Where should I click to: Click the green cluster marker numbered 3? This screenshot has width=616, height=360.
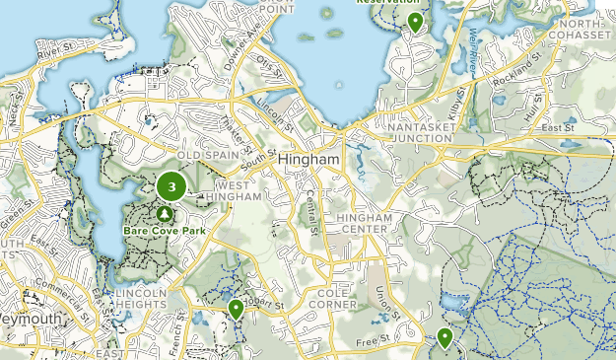(172, 186)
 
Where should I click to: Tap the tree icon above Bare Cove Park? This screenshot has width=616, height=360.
(165, 213)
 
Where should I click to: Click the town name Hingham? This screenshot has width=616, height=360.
(309, 160)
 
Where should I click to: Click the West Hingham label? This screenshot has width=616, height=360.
(239, 191)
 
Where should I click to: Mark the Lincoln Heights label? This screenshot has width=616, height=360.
(139, 300)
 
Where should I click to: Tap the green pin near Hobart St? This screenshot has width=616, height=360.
(236, 311)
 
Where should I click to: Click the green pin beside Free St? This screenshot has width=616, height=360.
(445, 338)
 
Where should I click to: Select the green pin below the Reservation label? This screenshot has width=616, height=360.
(416, 22)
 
